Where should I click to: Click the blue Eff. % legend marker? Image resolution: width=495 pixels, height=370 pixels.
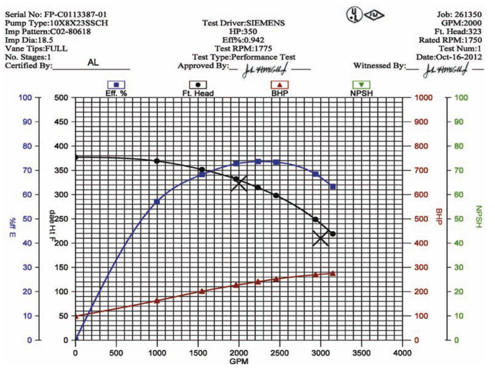click(x=116, y=85)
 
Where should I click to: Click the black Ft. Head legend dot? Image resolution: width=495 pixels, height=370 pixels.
click(x=198, y=85)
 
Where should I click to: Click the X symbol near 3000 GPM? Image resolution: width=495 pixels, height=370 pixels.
click(x=321, y=238)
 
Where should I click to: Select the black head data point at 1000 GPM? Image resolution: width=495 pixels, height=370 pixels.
click(x=156, y=161)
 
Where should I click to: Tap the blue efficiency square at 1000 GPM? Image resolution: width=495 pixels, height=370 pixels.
click(x=156, y=202)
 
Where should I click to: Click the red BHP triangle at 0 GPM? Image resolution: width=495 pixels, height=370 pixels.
click(x=76, y=316)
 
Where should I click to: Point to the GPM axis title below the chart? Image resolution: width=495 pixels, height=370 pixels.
click(x=238, y=361)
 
